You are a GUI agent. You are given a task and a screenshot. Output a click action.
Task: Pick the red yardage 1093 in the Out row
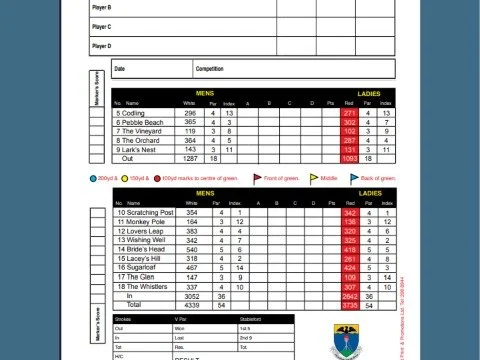pos(349,158)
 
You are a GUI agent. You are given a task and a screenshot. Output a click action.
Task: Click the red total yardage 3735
pos(349,304)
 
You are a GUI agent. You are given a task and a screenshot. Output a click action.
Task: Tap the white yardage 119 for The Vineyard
pos(189,131)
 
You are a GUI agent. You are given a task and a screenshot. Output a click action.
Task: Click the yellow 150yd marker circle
pos(128,178)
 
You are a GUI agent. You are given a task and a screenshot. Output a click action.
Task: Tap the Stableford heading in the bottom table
pos(251,320)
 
